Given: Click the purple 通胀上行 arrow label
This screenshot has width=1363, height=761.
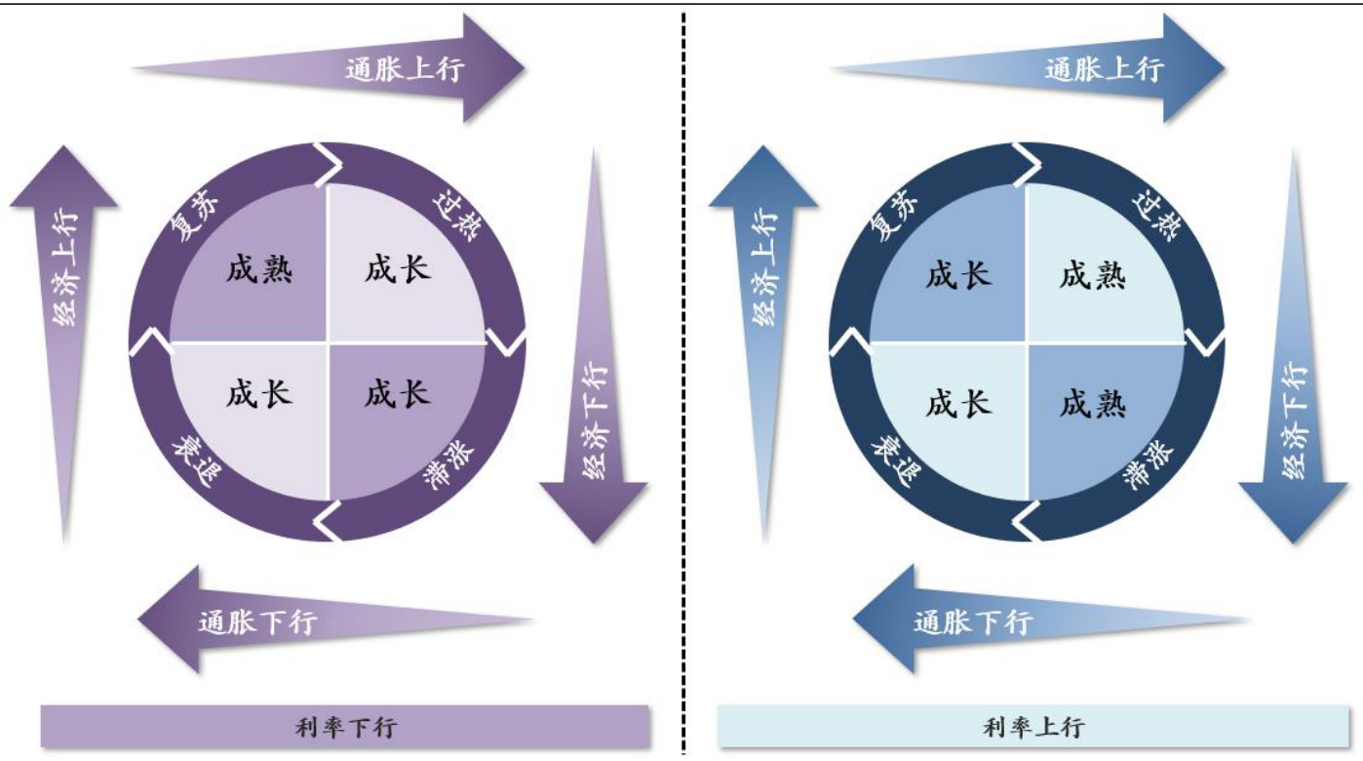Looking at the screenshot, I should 405,69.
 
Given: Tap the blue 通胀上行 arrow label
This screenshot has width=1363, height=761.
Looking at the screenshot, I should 1104,69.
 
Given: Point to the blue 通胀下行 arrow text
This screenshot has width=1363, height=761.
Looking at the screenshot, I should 973,621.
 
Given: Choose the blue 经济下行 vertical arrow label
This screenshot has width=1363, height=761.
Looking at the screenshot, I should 1295,421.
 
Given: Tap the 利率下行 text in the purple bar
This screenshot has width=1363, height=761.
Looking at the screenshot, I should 345,727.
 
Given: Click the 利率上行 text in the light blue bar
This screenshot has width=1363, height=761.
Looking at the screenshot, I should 1033,727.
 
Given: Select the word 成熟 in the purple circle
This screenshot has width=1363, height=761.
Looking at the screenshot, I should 259,269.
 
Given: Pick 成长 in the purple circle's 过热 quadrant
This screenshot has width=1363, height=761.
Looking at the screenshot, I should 398,269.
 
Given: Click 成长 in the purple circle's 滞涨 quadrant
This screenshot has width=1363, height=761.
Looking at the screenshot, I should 398,394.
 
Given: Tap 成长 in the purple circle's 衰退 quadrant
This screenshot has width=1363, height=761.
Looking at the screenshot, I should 259,394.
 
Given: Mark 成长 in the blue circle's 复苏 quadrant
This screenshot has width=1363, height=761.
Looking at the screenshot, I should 958,274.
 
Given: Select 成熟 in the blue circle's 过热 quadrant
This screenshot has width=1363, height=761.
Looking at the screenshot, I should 1093,274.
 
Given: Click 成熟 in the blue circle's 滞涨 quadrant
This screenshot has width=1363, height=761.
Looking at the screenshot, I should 1093,402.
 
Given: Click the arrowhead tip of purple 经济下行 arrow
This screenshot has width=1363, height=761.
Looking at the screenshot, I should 594,541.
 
